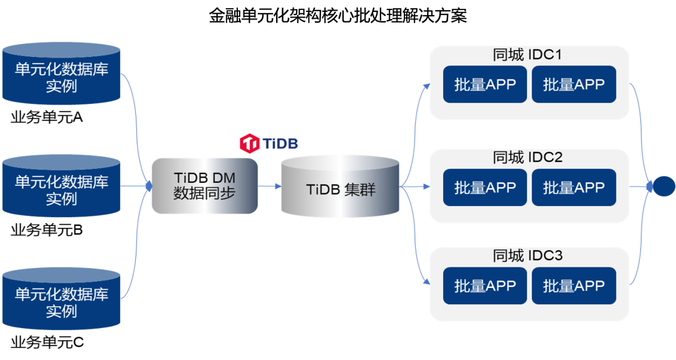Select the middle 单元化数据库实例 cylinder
[61, 187]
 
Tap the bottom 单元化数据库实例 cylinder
[61, 299]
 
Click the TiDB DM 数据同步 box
[205, 186]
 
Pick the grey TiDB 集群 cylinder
[341, 187]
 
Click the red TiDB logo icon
[250, 143]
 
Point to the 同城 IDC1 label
[527, 55]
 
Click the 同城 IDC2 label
[527, 157]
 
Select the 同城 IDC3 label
[527, 255]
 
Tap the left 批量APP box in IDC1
[485, 85]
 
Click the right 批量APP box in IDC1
[574, 85]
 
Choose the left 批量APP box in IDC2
[485, 187]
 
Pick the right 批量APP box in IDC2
[574, 187]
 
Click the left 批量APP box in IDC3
[485, 285]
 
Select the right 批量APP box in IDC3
[574, 285]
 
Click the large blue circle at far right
[663, 186]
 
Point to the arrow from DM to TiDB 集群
[270, 186]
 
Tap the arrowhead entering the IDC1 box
[426, 85]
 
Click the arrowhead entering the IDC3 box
[426, 282]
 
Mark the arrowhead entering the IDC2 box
[426, 187]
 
